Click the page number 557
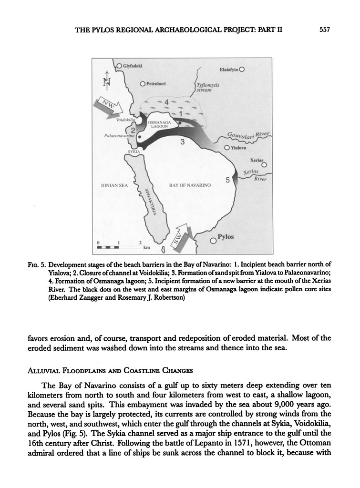[324, 30]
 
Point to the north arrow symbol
[107, 82]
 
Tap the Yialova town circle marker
[227, 148]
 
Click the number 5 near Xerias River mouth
[227, 180]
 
